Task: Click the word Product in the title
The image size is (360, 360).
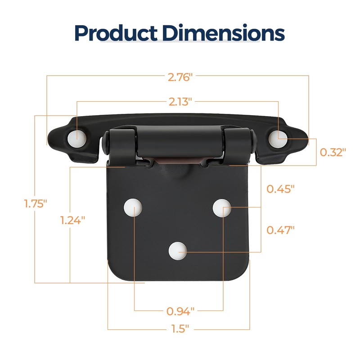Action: [x=115, y=33]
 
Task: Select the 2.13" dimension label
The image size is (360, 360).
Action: [x=180, y=101]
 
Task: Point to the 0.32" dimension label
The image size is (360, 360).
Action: [x=333, y=152]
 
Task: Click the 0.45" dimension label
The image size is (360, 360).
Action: [x=280, y=188]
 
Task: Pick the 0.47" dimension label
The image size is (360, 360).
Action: [x=280, y=230]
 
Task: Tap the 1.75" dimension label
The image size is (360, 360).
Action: [x=36, y=203]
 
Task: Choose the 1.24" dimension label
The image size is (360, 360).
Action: [x=72, y=220]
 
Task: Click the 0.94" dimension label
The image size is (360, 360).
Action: [x=180, y=310]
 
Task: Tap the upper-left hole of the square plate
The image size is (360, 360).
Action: [x=134, y=207]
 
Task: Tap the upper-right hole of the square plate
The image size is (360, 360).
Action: [x=223, y=207]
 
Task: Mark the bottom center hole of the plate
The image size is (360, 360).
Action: [x=178, y=251]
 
